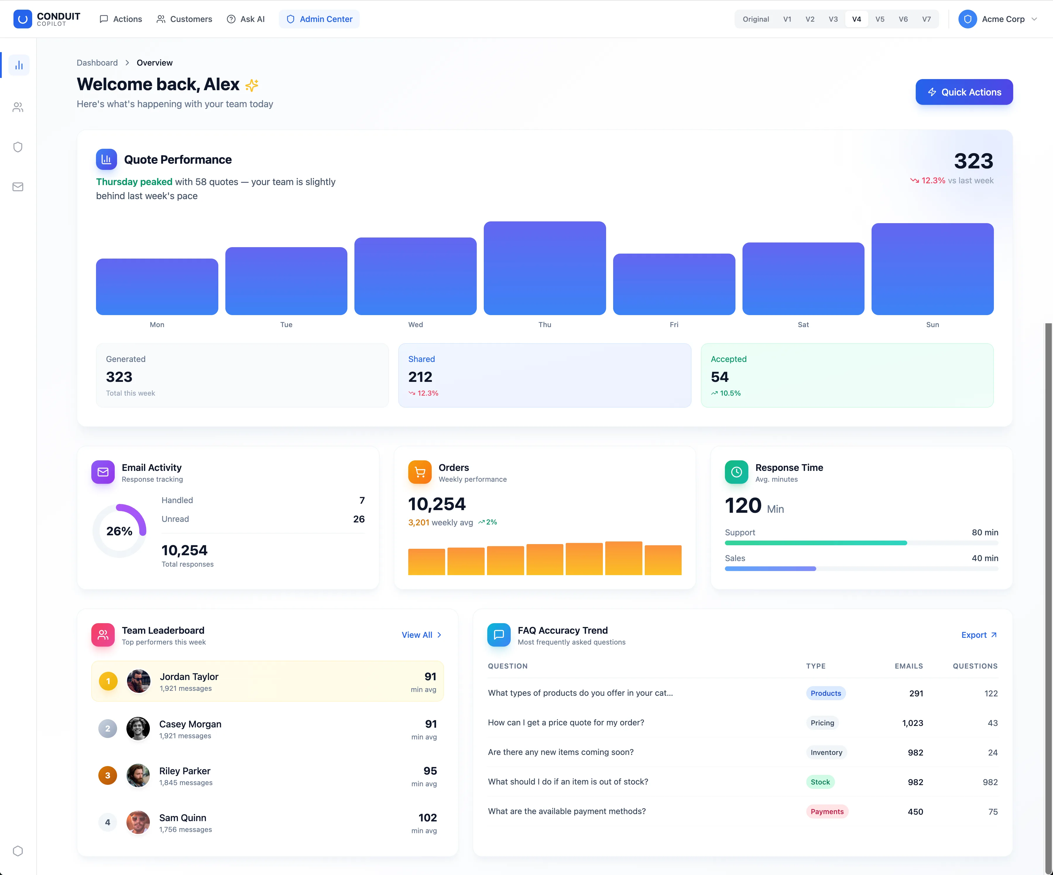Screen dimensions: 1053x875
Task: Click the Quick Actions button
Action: tap(964, 92)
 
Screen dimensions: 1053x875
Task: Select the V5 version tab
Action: tap(879, 19)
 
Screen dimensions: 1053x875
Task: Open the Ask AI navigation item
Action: tap(246, 19)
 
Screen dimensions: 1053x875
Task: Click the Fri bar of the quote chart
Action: tap(674, 284)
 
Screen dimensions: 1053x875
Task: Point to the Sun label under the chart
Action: tap(932, 325)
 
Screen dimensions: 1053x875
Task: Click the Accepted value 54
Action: tap(720, 377)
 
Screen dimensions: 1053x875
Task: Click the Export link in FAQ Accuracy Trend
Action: tap(979, 635)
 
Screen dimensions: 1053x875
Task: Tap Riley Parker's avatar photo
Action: tap(138, 775)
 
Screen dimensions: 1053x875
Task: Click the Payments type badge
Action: tap(827, 811)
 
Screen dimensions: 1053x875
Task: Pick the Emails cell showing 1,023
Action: tap(913, 722)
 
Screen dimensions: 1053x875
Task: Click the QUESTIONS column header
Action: tap(975, 666)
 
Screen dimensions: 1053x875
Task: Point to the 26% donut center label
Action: tap(119, 531)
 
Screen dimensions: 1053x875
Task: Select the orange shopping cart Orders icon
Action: tap(420, 472)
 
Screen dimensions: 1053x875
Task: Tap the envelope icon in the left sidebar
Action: tap(18, 187)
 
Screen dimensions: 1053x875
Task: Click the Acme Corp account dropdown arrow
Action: tap(1034, 19)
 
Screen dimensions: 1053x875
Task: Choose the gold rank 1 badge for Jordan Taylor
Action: tap(108, 681)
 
